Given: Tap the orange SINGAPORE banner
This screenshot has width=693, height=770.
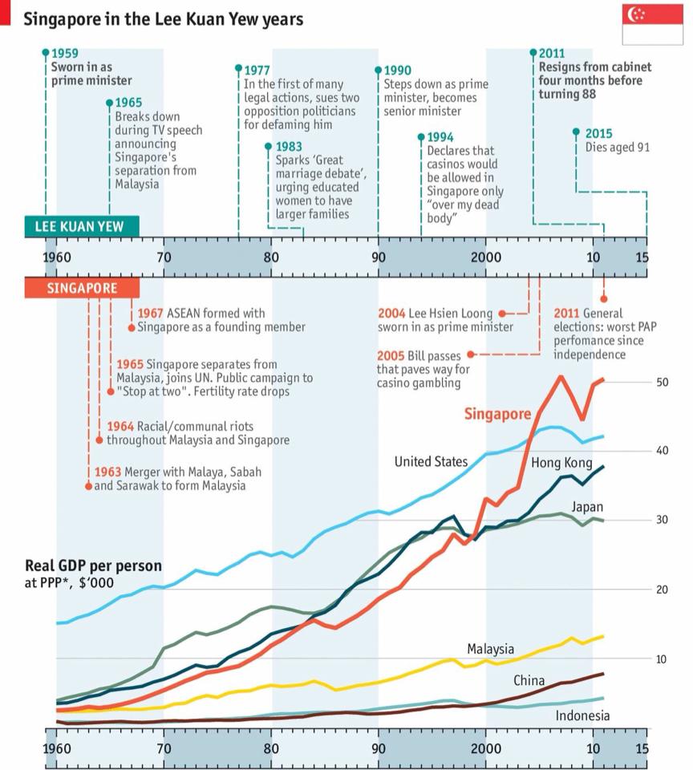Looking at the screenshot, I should click(x=81, y=289).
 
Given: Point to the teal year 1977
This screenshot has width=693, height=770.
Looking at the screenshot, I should click(x=257, y=70).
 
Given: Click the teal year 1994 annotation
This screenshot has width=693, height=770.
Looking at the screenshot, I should click(x=440, y=138).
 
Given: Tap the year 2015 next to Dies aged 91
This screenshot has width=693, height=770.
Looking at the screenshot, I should click(x=598, y=133).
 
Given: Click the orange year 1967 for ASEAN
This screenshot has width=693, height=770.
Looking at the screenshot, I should click(x=150, y=314).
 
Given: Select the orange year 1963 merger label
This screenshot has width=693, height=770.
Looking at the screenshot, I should click(x=107, y=472).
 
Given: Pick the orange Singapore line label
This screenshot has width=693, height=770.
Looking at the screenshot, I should click(x=497, y=414).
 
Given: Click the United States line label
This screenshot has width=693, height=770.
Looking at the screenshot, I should click(x=431, y=461).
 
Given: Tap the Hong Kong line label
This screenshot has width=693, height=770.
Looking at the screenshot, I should click(x=561, y=463).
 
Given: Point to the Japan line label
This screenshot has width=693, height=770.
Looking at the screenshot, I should click(x=587, y=507).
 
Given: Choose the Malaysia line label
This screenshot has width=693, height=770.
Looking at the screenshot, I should click(x=490, y=648).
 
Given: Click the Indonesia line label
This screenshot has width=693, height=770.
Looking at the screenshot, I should click(x=582, y=715).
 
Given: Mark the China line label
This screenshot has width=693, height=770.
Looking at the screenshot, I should click(x=529, y=681).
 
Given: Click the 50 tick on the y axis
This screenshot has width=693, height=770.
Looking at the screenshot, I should click(x=663, y=382).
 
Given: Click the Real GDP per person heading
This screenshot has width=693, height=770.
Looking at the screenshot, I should click(x=93, y=565).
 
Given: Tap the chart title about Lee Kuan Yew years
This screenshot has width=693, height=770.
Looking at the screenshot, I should click(x=163, y=18).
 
